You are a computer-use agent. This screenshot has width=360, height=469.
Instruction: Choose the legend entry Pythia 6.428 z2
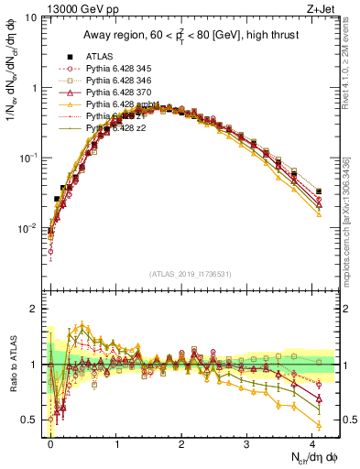[x=118, y=128]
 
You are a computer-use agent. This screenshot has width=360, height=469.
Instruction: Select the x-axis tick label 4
[x=312, y=444]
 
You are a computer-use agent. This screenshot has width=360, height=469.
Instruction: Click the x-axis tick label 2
[x=181, y=444]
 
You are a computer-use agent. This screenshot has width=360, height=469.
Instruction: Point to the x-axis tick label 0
[x=50, y=444]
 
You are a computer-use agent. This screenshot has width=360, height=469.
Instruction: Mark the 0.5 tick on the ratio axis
[x=31, y=420]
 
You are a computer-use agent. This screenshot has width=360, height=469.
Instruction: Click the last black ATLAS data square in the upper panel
[x=319, y=191]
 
